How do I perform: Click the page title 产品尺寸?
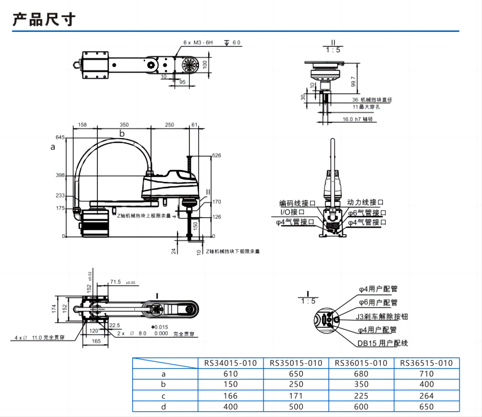(x=44, y=20)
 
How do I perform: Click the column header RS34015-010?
(x=230, y=363)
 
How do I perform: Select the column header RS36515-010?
(x=427, y=363)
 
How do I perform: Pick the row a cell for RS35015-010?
(x=296, y=374)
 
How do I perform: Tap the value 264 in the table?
(x=427, y=395)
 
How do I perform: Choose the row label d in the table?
(x=163, y=406)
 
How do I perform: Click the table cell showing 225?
(x=361, y=395)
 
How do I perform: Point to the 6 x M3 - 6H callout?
(x=198, y=42)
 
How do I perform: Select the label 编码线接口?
(x=297, y=203)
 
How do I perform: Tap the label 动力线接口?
(x=366, y=203)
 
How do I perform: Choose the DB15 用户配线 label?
(x=383, y=343)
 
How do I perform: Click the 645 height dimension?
(x=60, y=137)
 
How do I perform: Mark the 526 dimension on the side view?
(x=216, y=155)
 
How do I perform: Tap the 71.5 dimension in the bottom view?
(x=116, y=281)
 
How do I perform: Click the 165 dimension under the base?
(x=96, y=341)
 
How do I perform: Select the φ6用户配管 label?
(x=378, y=303)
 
